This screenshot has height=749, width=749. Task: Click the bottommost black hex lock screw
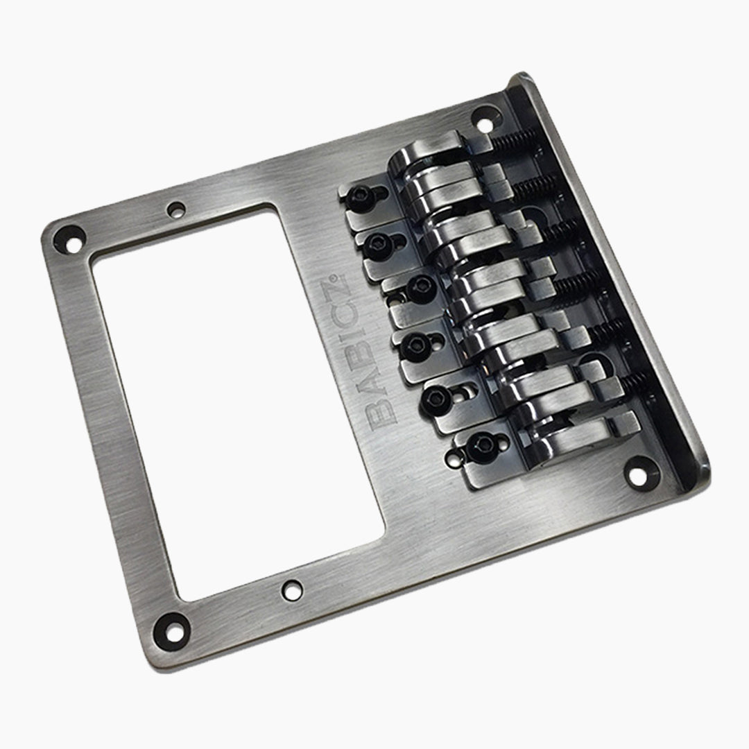coord(480,449)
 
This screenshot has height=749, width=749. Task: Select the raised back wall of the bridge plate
coord(610,277)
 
